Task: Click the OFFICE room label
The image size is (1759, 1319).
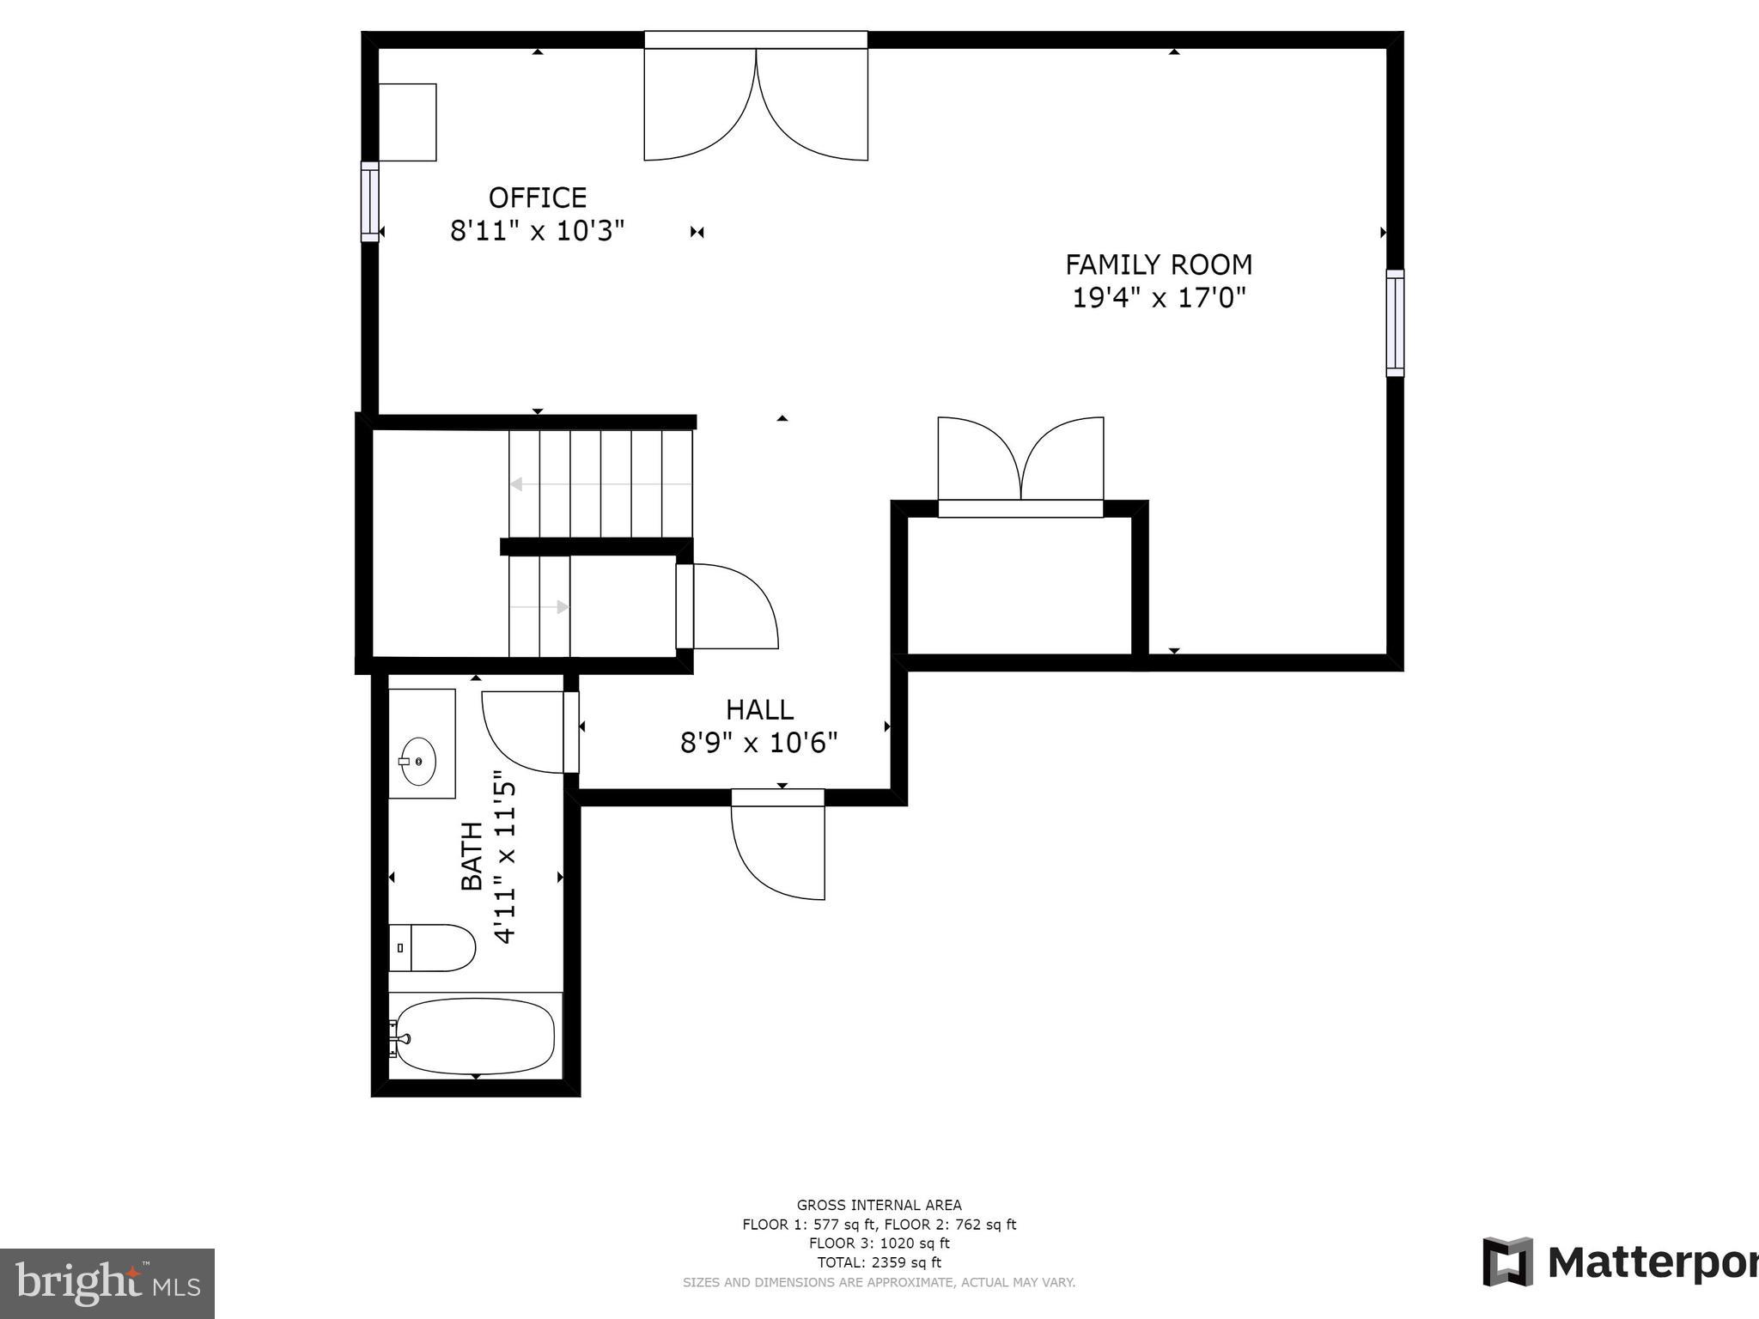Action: coord(538,198)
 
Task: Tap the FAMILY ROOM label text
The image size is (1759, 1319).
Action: coord(1159,264)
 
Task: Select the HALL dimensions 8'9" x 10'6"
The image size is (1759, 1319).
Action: coord(758,743)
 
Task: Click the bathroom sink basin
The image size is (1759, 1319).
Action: coord(418,761)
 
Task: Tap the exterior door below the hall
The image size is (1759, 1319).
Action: coord(778,846)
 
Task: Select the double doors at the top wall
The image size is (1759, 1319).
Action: coord(756,103)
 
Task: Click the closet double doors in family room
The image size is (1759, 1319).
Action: coord(1020,464)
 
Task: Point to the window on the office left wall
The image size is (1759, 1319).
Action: coord(369,202)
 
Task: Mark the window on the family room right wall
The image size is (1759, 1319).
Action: coord(1395,323)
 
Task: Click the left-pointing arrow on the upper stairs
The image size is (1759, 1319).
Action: coord(517,484)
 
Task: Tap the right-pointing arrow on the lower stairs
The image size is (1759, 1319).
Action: coord(562,607)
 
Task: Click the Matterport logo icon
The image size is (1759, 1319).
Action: coord(1507,1262)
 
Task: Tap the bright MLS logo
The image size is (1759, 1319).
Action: coord(107,1283)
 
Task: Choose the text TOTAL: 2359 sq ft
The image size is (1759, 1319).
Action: coord(879,1262)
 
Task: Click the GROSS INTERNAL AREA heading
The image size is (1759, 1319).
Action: coord(879,1205)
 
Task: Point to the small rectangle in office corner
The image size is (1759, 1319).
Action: coord(408,122)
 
